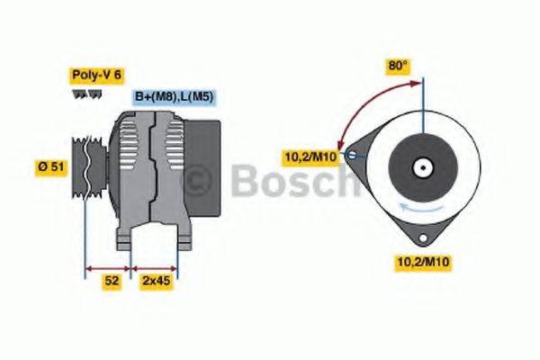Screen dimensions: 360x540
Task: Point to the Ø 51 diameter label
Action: pos(50,168)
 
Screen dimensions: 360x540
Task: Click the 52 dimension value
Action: pos(111,282)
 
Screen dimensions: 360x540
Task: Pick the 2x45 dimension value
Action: pos(157,282)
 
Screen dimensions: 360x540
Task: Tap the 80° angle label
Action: pos(398,66)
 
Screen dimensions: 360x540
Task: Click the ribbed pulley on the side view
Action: pos(89,167)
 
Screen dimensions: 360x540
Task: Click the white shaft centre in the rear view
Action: pos(420,167)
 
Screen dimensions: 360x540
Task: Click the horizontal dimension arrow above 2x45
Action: pos(155,267)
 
